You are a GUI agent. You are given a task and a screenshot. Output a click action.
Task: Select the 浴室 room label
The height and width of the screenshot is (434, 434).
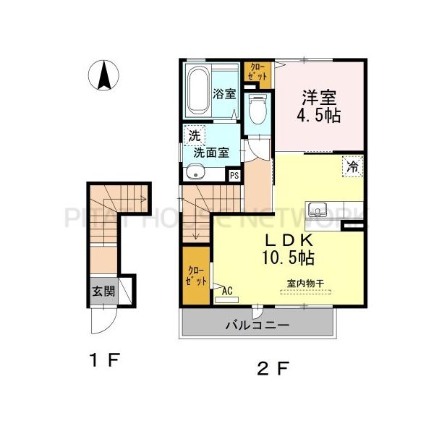point(224,94)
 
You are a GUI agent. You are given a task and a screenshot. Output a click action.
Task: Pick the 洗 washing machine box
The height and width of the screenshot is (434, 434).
point(194,135)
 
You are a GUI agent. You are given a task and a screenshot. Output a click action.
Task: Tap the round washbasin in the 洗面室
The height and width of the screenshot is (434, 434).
point(194,172)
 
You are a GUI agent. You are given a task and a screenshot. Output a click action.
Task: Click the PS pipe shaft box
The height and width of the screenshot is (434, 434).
point(234,174)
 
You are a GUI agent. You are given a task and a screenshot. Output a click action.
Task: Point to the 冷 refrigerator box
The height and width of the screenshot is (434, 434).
point(352,166)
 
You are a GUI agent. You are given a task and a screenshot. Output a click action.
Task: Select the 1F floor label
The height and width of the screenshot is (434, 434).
point(103,359)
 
